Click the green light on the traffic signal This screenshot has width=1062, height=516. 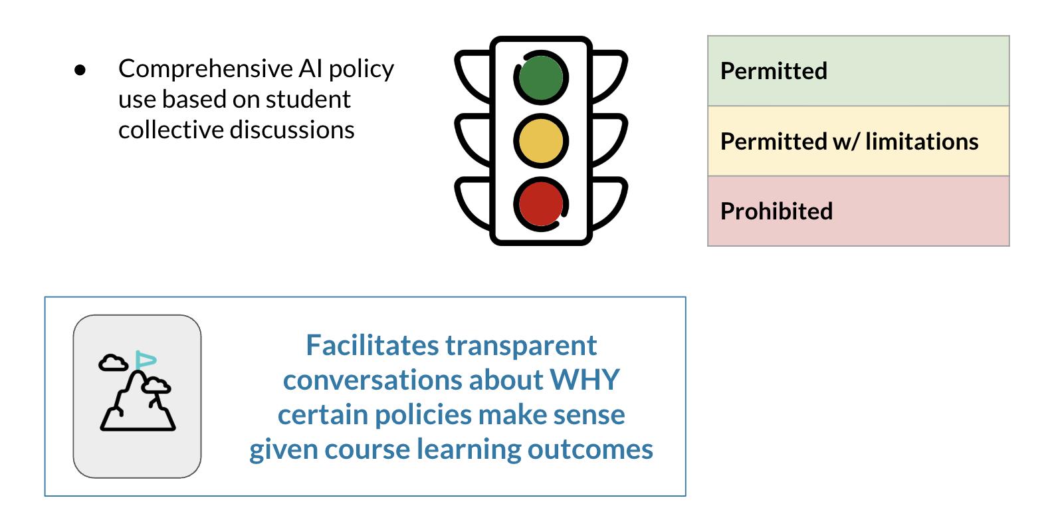[x=541, y=78]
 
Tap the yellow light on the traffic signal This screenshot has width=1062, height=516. [x=541, y=141]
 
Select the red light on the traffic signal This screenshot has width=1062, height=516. [x=541, y=203]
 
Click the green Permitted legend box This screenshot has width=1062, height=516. [x=858, y=71]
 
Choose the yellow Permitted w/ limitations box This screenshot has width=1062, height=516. [x=858, y=141]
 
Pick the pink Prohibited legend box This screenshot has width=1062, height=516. [x=858, y=211]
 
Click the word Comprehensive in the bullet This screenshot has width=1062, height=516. [x=205, y=69]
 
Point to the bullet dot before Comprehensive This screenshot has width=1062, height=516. [x=80, y=70]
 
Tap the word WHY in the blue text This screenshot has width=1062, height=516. [x=584, y=380]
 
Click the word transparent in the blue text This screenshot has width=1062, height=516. [x=521, y=346]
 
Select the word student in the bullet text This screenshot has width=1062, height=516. [x=308, y=100]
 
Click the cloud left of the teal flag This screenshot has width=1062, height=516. [x=113, y=363]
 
